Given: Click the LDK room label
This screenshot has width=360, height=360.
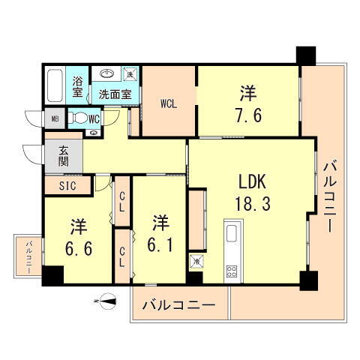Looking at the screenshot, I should click(254, 182).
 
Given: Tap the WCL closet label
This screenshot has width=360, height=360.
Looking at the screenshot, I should click(167, 104).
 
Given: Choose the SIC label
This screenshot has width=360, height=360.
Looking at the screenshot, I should click(58, 184).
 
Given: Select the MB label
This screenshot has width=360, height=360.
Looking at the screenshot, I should click(55, 118).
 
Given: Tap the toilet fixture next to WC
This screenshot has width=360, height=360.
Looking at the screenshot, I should click(78, 118).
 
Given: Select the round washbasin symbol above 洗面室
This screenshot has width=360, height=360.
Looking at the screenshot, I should click(106, 75).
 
